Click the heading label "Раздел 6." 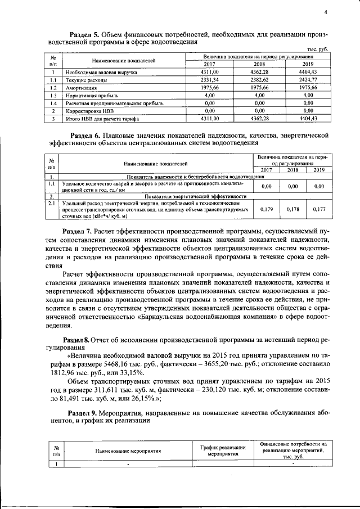87,135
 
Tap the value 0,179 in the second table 267,209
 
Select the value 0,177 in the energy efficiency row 319,209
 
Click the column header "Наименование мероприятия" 128,451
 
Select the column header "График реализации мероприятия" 223,449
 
